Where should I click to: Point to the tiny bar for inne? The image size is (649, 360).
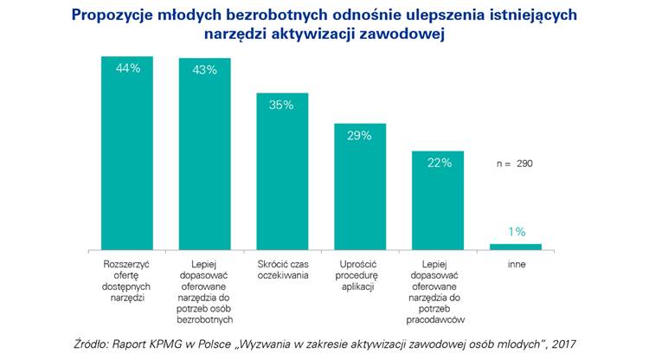pyautogui.click(x=516, y=247)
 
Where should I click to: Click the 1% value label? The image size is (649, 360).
pyautogui.click(x=517, y=232)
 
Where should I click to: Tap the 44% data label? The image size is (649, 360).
pyautogui.click(x=128, y=69)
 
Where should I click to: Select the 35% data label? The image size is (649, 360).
pyautogui.click(x=282, y=105)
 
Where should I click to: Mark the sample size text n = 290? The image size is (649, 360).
pyautogui.click(x=514, y=163)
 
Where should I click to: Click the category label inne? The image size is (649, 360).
pyautogui.click(x=517, y=263)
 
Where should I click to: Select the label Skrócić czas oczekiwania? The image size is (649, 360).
pyautogui.click(x=282, y=269)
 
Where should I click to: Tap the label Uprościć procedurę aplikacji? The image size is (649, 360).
pyautogui.click(x=360, y=274)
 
